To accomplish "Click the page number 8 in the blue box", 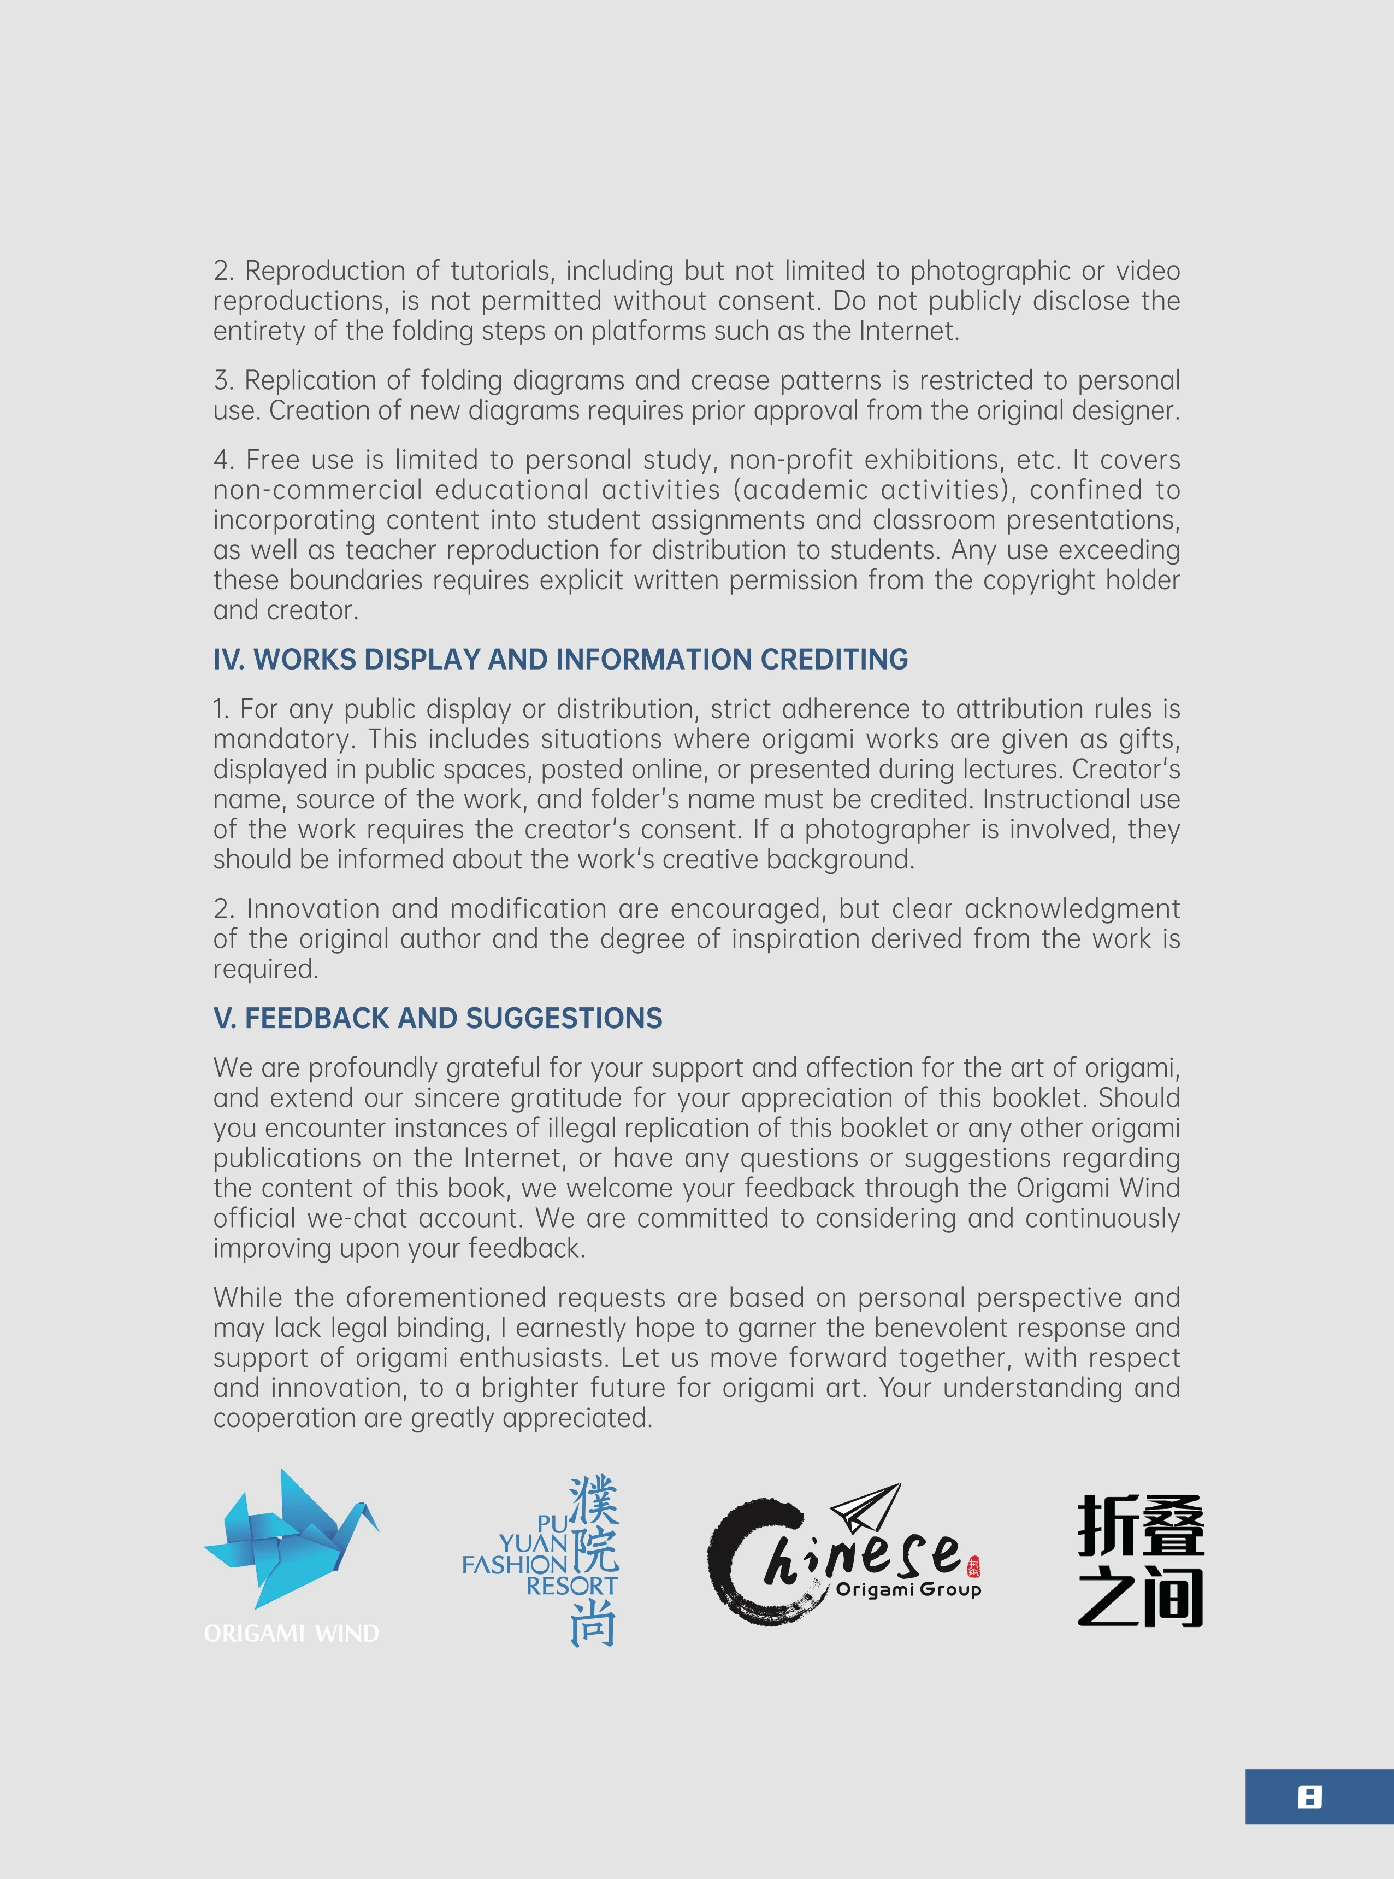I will [x=1309, y=1797].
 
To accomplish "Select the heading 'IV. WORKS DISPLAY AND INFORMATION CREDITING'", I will [x=560, y=659].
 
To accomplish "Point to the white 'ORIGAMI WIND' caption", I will [x=291, y=1634].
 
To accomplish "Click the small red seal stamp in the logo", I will [x=973, y=1567].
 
